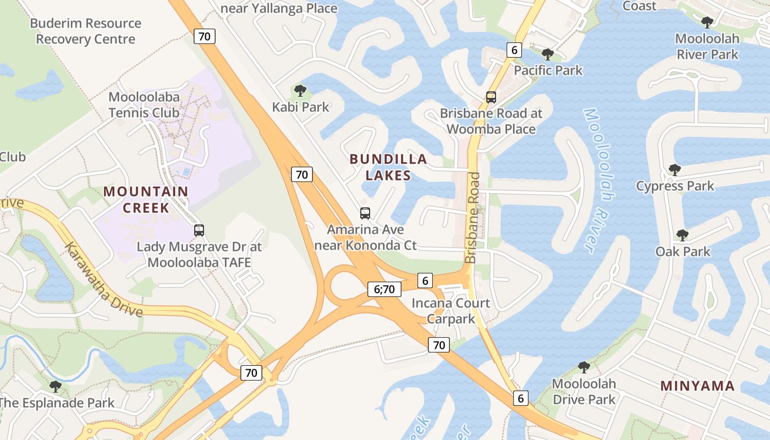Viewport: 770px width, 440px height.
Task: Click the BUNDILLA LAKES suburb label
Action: (388, 167)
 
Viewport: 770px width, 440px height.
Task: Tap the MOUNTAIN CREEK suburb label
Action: (146, 199)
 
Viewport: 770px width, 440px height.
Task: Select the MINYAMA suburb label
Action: (697, 386)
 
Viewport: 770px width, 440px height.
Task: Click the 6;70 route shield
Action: (384, 289)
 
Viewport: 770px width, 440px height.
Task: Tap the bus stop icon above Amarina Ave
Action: (365, 213)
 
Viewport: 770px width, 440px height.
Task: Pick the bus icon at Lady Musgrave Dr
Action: (199, 230)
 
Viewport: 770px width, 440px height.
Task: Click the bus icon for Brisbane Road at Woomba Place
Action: (491, 97)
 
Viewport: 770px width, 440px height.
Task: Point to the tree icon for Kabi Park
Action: (300, 91)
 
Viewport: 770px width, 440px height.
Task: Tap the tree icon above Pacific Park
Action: (547, 54)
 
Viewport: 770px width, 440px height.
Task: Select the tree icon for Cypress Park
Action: (674, 170)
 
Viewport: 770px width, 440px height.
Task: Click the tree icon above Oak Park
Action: (682, 235)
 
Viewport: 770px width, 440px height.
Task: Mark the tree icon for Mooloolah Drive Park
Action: (584, 367)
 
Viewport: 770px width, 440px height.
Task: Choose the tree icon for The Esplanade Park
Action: (55, 387)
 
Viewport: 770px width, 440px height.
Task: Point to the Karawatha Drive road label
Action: (104, 279)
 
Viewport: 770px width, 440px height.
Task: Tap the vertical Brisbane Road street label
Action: (473, 218)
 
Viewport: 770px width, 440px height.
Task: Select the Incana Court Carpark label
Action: (450, 311)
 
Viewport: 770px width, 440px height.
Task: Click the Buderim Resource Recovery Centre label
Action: (85, 31)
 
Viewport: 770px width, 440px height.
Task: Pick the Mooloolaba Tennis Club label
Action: (144, 105)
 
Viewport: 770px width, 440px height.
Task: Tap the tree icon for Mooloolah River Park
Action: (707, 23)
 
